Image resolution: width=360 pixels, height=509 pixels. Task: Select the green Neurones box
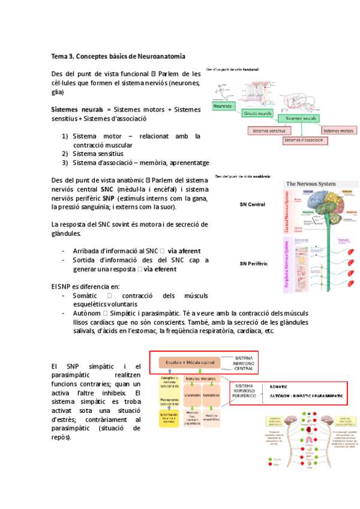(x=223, y=106)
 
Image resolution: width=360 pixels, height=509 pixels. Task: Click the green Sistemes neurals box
(x=301, y=119)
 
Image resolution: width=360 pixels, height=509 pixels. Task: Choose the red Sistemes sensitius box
(x=269, y=130)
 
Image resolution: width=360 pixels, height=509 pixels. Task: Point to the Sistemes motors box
(x=338, y=130)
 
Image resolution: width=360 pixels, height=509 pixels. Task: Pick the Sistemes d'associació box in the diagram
(x=305, y=140)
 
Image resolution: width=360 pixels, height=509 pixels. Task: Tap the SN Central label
(x=252, y=205)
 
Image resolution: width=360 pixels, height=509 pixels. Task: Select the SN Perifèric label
(x=254, y=264)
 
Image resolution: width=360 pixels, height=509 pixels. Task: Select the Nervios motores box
(x=200, y=379)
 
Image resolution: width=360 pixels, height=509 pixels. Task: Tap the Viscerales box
(x=193, y=396)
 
